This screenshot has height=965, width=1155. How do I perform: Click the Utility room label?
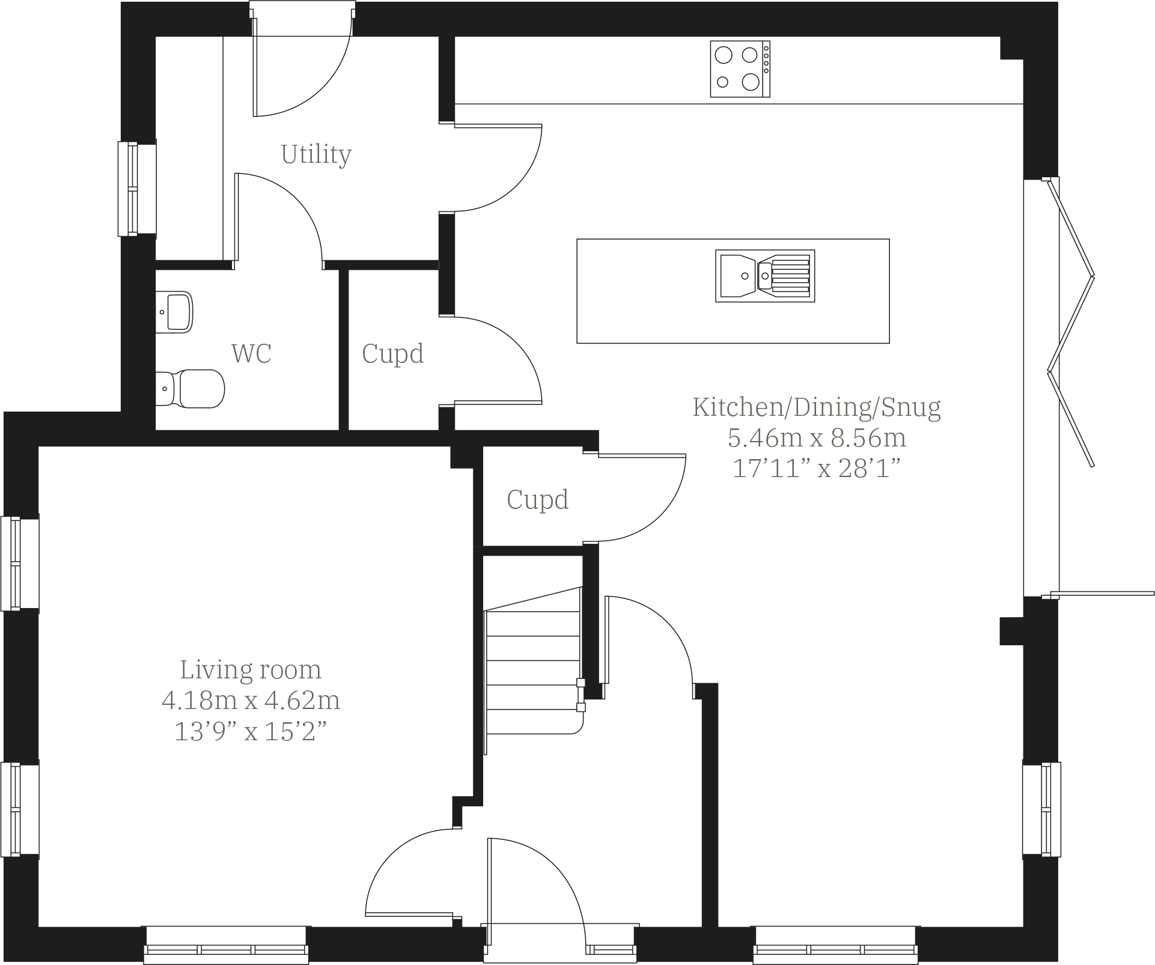pyautogui.click(x=315, y=154)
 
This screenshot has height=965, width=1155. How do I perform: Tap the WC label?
pyautogui.click(x=251, y=353)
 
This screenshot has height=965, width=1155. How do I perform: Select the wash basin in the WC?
pyautogui.click(x=175, y=312)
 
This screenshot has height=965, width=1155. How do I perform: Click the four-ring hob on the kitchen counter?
pyautogui.click(x=739, y=68)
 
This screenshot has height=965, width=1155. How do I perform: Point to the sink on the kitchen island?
pyautogui.click(x=764, y=276)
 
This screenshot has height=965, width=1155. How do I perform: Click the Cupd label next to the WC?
pyautogui.click(x=392, y=353)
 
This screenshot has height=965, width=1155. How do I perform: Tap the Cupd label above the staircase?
pyautogui.click(x=537, y=499)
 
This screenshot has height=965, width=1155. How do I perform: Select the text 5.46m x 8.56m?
pyautogui.click(x=816, y=437)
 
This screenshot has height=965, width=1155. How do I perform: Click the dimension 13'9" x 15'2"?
pyautogui.click(x=251, y=731)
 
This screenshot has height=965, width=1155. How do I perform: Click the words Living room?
pyautogui.click(x=251, y=669)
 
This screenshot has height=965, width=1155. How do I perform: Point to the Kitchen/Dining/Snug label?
pyautogui.click(x=816, y=407)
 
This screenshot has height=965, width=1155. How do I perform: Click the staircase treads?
pyautogui.click(x=532, y=661)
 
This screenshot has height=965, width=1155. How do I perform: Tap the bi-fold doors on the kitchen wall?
pyautogui.click(x=1071, y=324)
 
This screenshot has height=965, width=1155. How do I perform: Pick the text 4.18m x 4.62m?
pyautogui.click(x=251, y=700)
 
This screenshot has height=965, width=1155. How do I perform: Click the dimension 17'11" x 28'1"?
pyautogui.click(x=816, y=469)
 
